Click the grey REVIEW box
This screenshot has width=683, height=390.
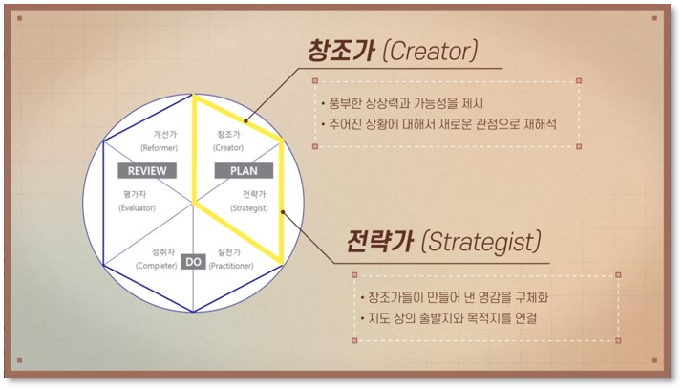(147, 171)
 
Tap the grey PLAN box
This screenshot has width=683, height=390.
(244, 171)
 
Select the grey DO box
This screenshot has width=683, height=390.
(193, 262)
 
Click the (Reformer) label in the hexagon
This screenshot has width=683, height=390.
(159, 148)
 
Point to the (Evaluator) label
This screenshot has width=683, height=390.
(138, 208)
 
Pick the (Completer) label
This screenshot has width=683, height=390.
(157, 266)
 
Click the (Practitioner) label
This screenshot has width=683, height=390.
(231, 266)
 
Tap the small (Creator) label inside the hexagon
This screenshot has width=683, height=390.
(228, 148)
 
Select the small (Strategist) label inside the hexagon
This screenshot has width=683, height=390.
(249, 208)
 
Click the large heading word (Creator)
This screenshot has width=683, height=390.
(430, 52)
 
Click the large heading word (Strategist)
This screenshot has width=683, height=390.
(481, 242)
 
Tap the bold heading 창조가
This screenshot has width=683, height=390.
(342, 51)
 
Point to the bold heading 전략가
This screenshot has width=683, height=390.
(380, 242)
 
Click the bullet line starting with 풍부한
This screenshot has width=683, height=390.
(402, 103)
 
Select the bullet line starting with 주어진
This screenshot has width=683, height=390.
(438, 124)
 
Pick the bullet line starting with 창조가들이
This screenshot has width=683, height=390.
(455, 297)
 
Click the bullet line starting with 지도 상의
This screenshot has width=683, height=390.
(449, 318)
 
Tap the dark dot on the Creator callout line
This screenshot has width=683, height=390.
(245, 121)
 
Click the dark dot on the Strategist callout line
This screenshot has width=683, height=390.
(283, 212)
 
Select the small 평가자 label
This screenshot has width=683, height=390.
(135, 194)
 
